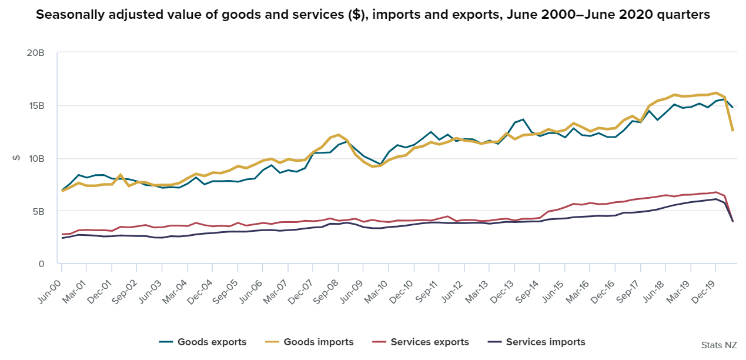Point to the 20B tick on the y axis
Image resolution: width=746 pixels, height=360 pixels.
36,53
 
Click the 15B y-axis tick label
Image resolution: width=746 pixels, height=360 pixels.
36,106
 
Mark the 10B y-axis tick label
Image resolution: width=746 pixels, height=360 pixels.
36,158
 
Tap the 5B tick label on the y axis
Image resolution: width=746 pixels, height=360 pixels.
38,211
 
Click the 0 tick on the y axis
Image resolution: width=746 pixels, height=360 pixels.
41,264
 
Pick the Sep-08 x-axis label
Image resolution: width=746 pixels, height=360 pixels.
326,282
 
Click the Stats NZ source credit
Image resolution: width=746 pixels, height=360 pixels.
719,345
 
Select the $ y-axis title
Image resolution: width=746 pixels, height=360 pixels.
16,158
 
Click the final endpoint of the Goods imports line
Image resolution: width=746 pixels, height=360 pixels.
732,131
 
